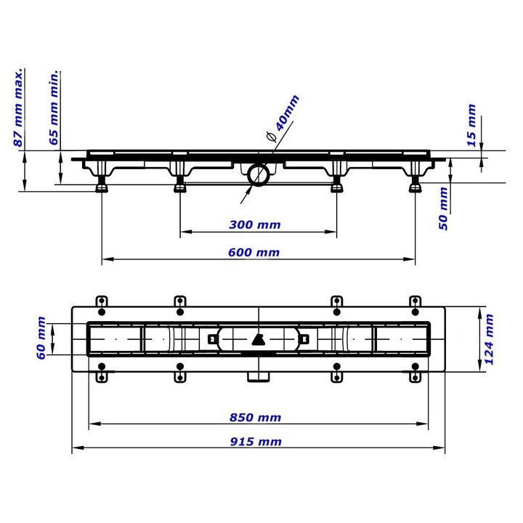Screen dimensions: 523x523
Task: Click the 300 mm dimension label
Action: (x=255, y=224)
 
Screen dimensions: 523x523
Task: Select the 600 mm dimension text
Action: (x=254, y=253)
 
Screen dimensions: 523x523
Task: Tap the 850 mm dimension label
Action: (x=255, y=418)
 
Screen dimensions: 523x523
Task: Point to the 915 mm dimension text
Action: (x=256, y=442)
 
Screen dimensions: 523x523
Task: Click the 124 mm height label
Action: (x=488, y=339)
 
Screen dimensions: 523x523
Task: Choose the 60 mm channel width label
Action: (x=41, y=338)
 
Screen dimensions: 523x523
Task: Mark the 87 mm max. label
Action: (x=19, y=108)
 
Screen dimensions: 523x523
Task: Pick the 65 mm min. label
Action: (x=54, y=108)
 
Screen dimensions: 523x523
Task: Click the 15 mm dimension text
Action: (x=471, y=126)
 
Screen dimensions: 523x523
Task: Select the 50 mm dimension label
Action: (x=443, y=208)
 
